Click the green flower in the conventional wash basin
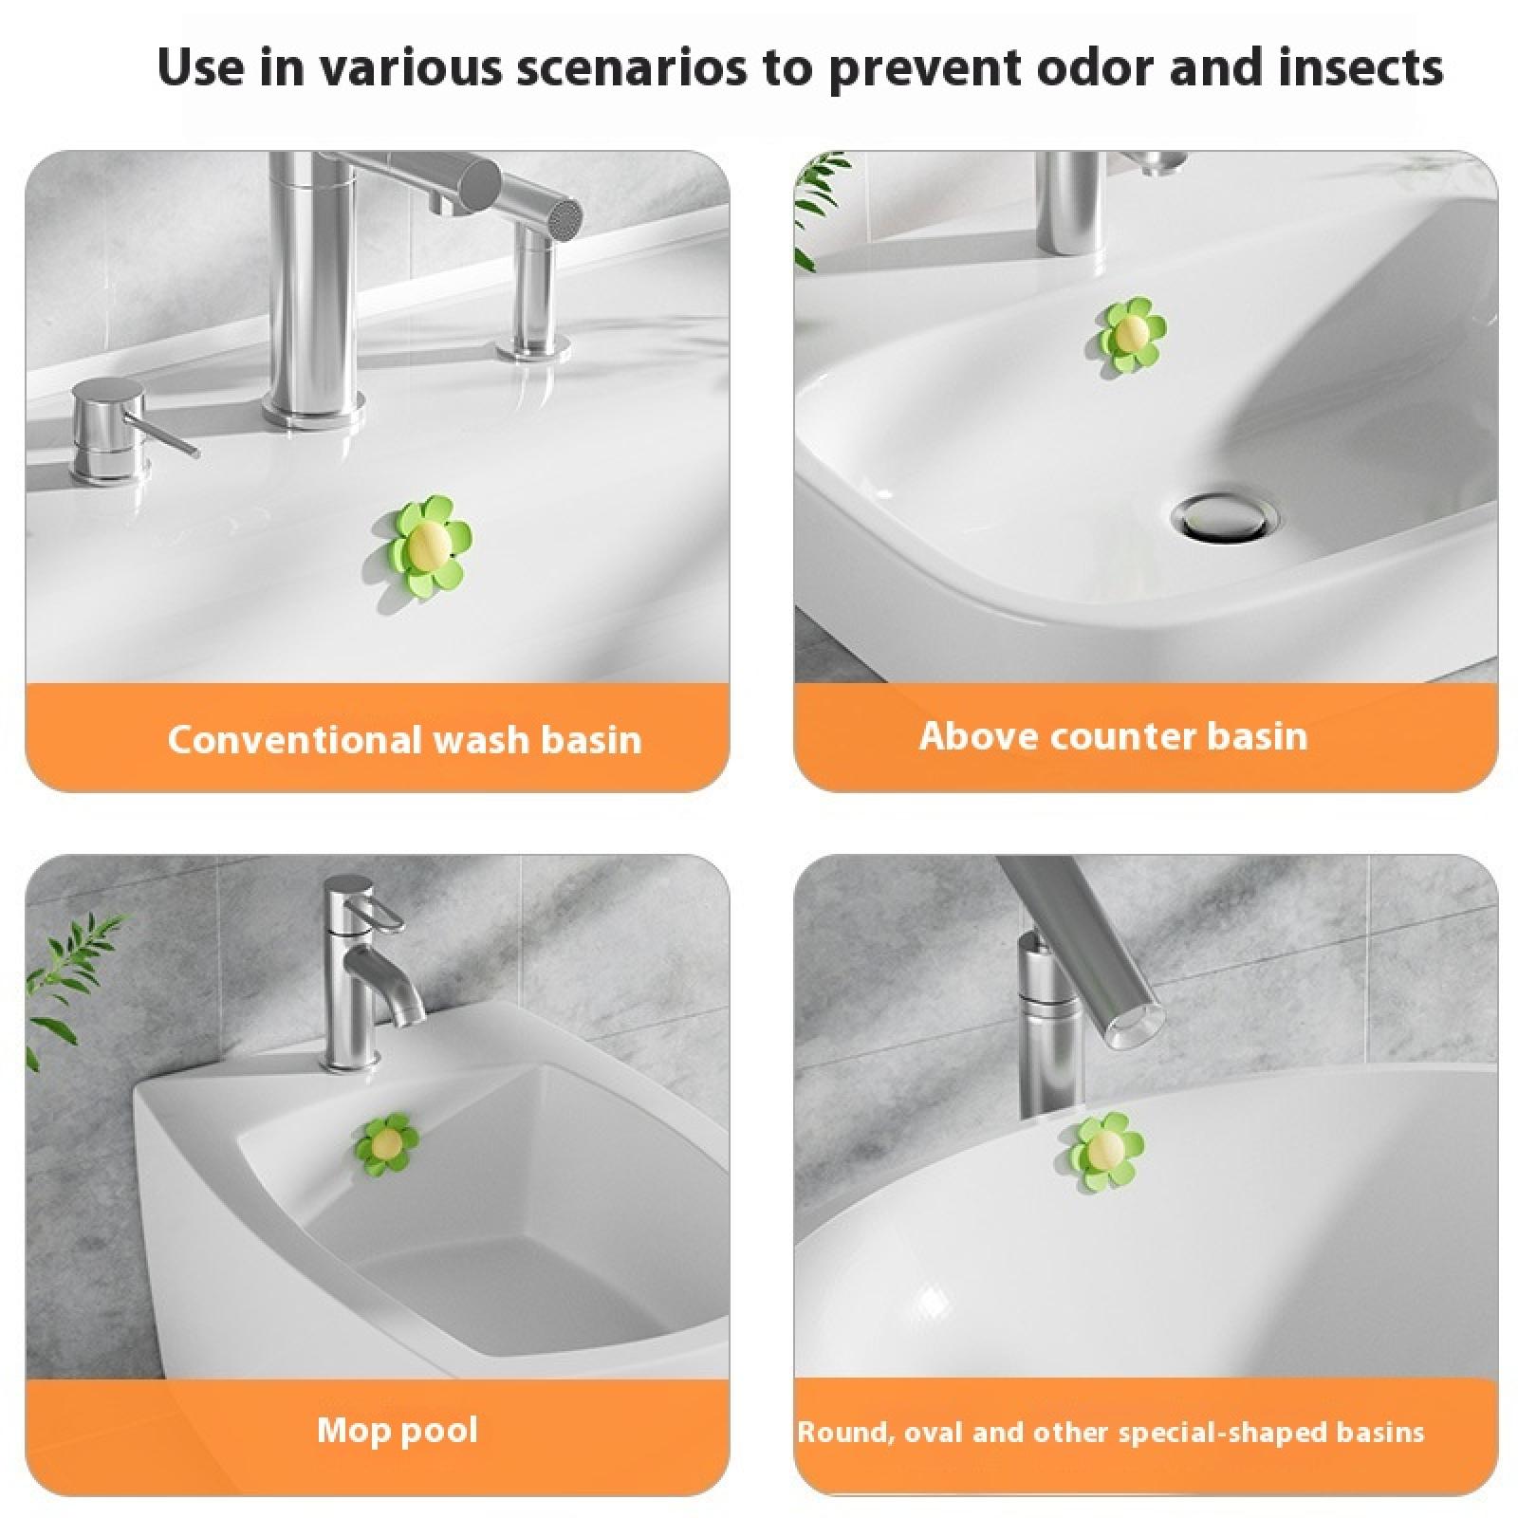point(428,540)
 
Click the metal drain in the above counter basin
point(1224,517)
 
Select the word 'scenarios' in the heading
point(631,69)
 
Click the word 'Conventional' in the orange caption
point(294,739)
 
